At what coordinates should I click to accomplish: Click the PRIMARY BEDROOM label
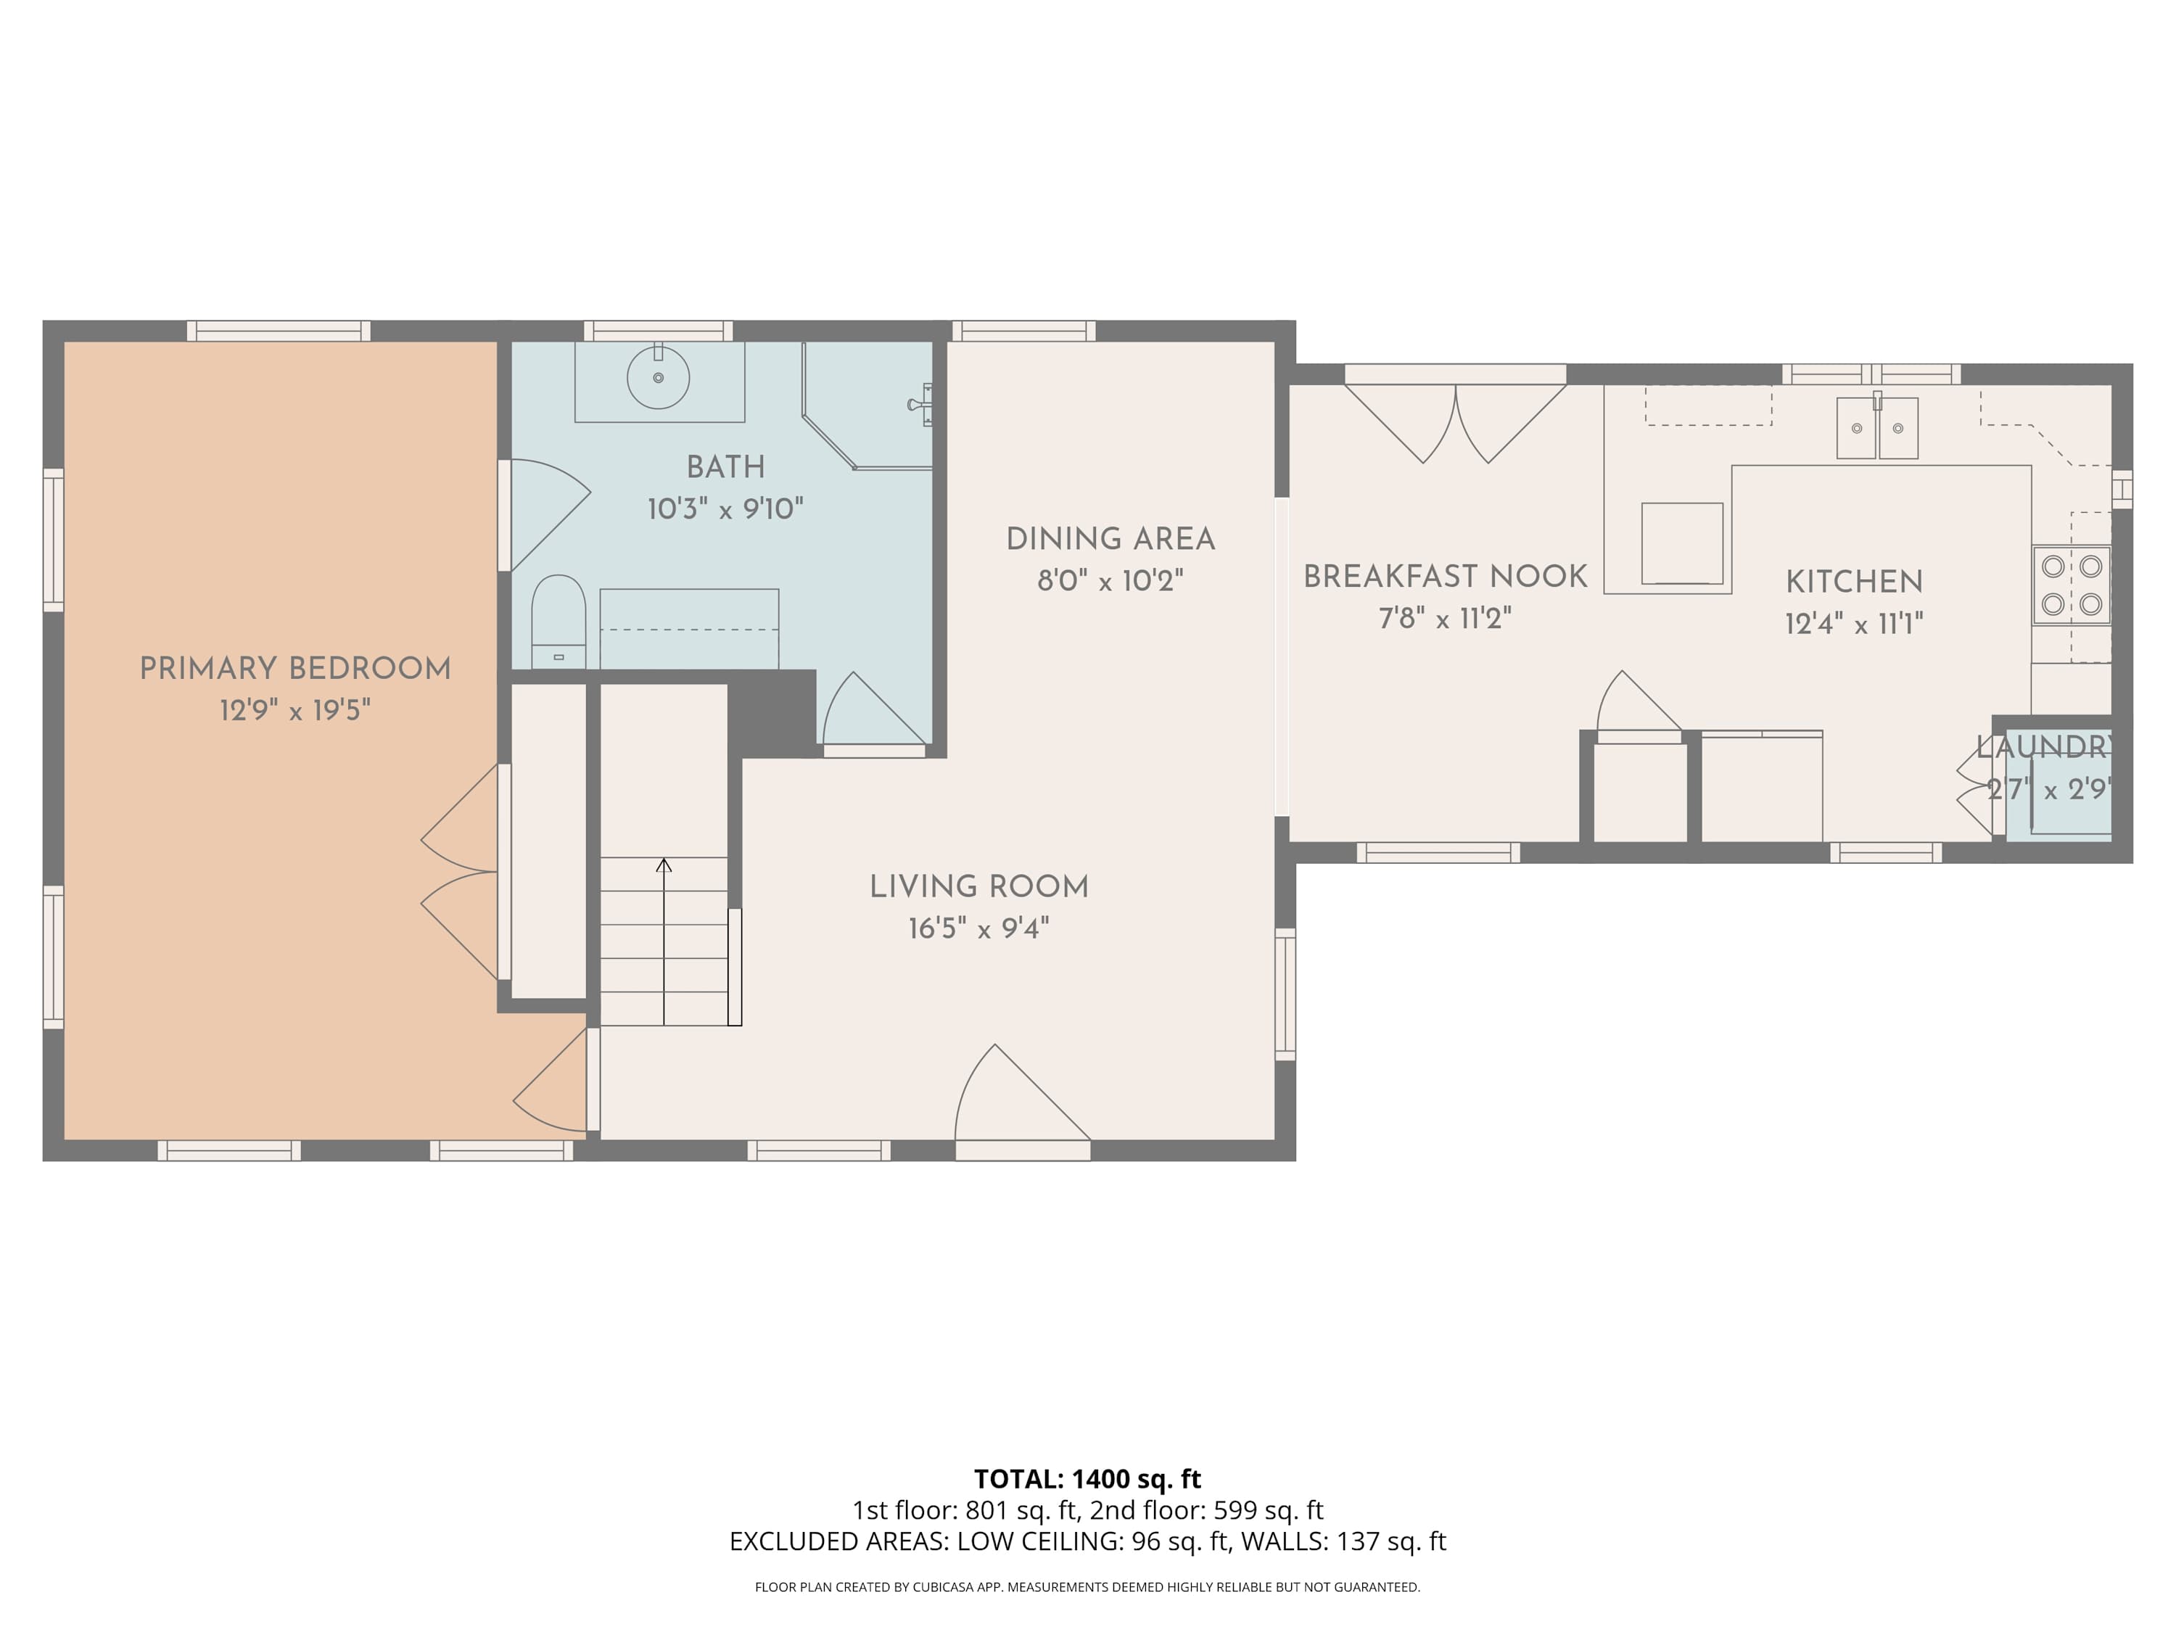tap(295, 669)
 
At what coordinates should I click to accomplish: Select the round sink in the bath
tap(658, 376)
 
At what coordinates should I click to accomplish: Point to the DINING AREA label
tap(1110, 539)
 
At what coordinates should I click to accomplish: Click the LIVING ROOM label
tap(978, 886)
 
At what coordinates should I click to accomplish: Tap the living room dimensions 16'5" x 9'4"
tap(978, 928)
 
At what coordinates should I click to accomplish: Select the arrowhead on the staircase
tap(664, 865)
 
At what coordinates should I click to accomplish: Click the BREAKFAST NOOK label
tap(1445, 577)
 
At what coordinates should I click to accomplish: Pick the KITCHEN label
tap(1855, 582)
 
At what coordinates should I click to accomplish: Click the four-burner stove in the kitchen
tap(2072, 585)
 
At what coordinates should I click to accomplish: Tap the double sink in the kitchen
tap(1877, 428)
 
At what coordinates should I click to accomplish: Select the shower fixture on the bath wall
tap(920, 404)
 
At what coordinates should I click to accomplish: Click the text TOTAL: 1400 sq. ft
tap(1087, 1480)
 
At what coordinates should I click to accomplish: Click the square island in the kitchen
tap(1682, 544)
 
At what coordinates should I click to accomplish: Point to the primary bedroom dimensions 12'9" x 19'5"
tap(295, 710)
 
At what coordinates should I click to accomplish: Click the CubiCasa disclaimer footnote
tap(1087, 1587)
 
